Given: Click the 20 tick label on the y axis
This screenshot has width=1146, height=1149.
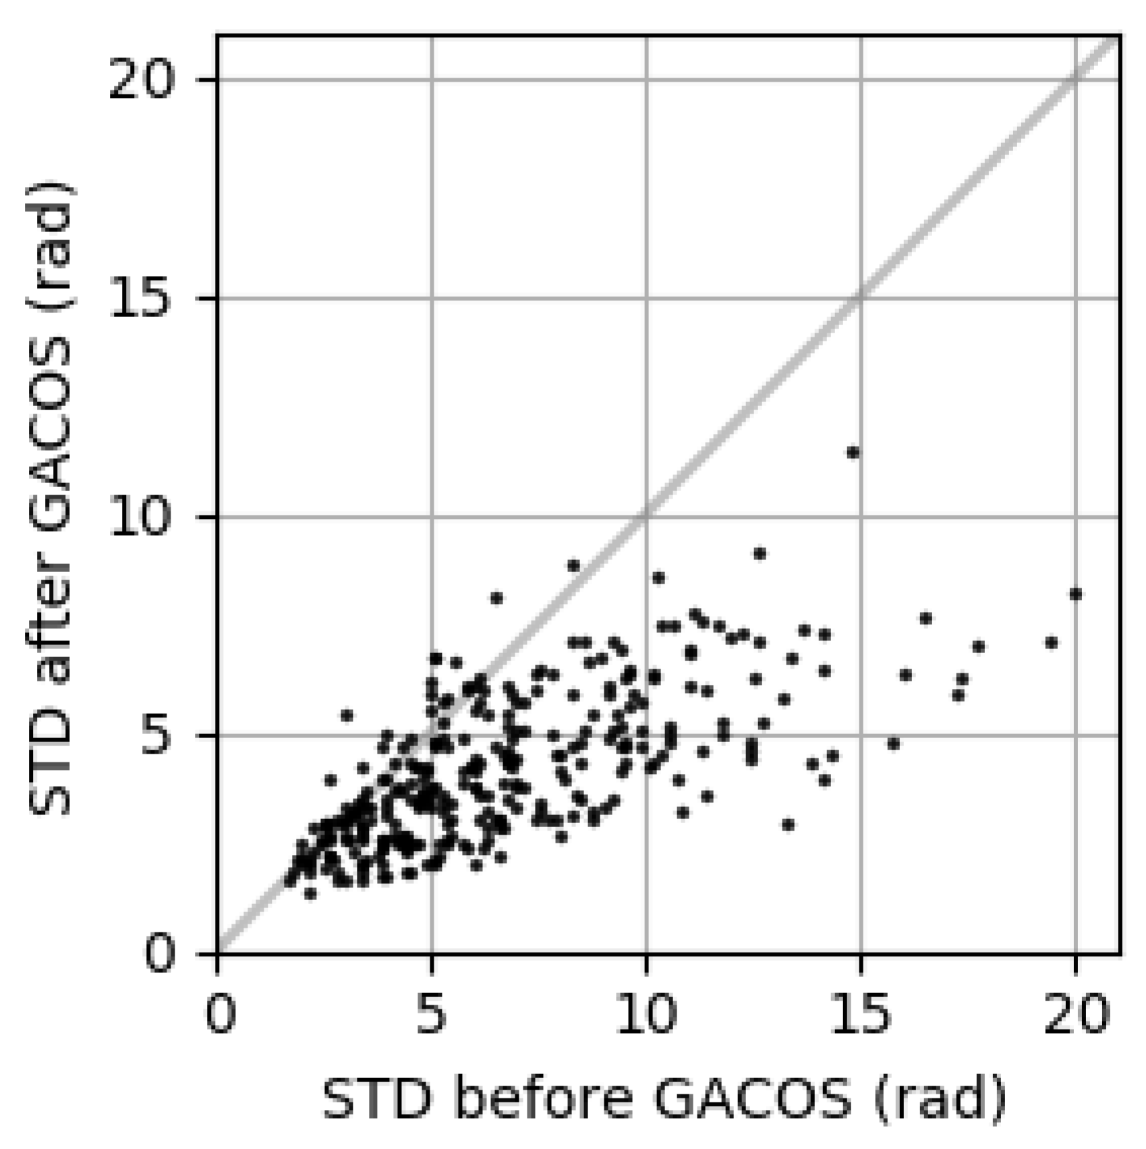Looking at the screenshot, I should point(141,81).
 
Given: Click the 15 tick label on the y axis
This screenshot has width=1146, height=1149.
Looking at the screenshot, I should point(141,299).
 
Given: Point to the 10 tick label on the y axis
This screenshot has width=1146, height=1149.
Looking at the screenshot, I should point(141,517).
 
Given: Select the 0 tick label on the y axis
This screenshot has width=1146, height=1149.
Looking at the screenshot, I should point(160,955).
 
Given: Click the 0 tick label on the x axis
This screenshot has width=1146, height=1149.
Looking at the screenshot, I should point(220,1014).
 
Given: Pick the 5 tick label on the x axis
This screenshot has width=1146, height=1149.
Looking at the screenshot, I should point(432,1014).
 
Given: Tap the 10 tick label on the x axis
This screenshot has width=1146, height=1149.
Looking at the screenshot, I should point(646,1014).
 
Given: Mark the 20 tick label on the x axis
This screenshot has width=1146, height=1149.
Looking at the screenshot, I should point(1076,1014).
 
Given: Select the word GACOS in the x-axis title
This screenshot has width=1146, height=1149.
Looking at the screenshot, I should point(754,1100).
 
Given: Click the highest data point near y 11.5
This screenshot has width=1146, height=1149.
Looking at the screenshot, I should point(853,453).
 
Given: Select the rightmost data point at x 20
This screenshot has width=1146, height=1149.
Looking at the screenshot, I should point(1076,594).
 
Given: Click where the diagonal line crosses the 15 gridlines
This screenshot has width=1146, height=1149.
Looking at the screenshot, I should point(861,298).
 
